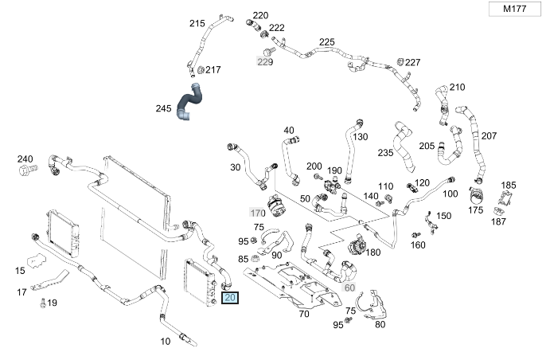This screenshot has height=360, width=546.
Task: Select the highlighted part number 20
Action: point(231,299)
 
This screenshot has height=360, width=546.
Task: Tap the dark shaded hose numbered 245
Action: point(191,103)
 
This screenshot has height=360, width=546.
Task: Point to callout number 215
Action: point(197,23)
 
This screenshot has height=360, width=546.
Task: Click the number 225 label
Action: point(326,42)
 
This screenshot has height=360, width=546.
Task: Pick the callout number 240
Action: point(25,158)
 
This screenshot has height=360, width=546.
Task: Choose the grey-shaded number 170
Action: point(257,213)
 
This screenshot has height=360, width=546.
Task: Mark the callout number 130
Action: point(361,136)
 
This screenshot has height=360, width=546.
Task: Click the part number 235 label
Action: point(385,152)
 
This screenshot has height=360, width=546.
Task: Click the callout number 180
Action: point(372,252)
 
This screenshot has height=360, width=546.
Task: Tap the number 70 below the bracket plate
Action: point(303,314)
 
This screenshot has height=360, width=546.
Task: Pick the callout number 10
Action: point(166,342)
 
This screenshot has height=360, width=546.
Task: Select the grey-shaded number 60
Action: point(350,287)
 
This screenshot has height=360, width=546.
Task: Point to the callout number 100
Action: point(450,194)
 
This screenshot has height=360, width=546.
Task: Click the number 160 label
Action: point(418,245)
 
